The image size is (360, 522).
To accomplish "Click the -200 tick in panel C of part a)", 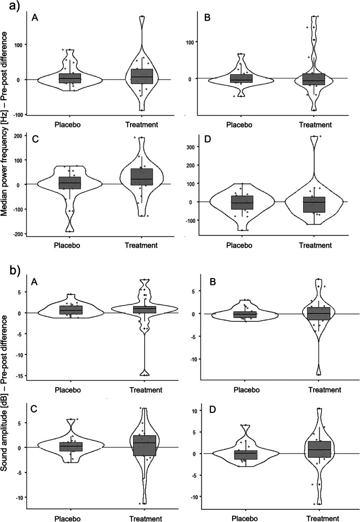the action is (x=19, y=234).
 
